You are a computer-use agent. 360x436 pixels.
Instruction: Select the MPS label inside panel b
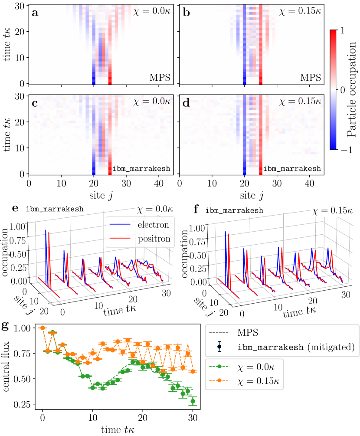click(x=311, y=78)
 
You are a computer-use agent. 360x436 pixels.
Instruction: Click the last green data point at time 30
click(x=193, y=401)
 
